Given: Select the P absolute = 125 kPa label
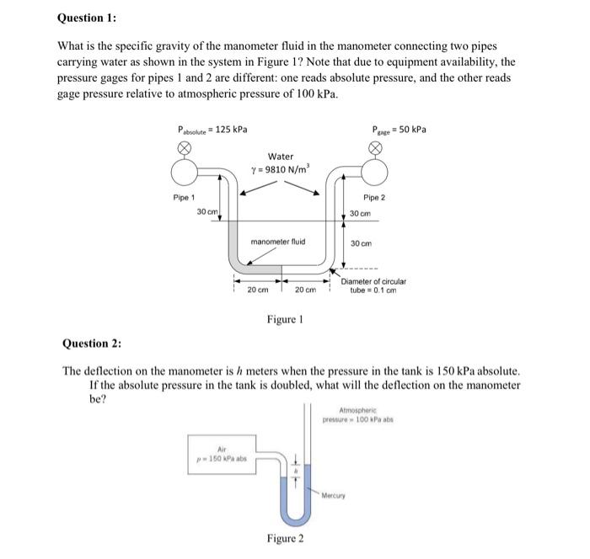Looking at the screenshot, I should [212, 129].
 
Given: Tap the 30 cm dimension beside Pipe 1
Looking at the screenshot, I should [206, 210].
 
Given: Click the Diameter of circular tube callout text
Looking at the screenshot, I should [374, 286].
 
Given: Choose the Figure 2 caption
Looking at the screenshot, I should [284, 539].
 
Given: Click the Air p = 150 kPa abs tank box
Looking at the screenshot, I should [222, 454].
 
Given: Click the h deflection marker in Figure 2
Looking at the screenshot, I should [295, 471].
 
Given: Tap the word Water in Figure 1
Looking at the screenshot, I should [281, 157].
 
